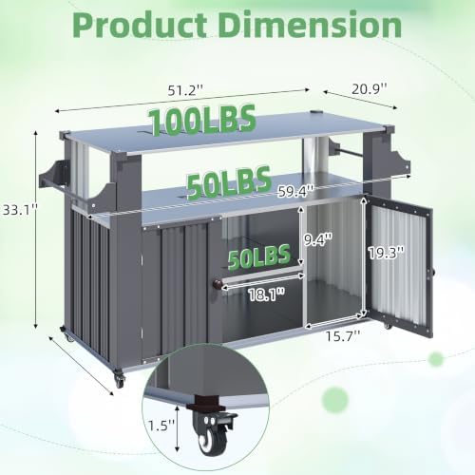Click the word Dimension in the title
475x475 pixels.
pos(311,25)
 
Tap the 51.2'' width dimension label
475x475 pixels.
pos(185,91)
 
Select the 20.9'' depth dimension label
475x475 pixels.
pos(370,89)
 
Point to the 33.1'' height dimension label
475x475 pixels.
pos(19,210)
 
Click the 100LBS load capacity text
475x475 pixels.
pos(202,120)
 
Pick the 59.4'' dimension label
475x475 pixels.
pos(295,191)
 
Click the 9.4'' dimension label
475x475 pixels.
pos(318,239)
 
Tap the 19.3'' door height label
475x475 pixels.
pos(386,253)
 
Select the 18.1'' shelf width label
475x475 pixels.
pos(266,294)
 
